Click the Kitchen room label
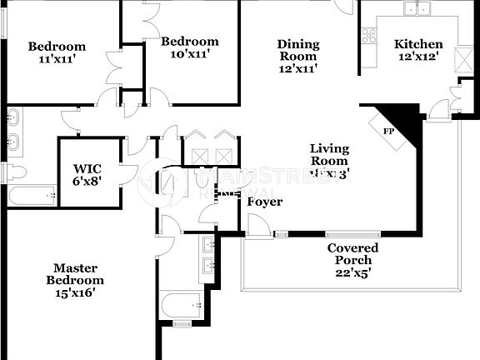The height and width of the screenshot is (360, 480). pyautogui.click(x=418, y=44)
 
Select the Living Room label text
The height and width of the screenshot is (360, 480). pyautogui.click(x=329, y=155)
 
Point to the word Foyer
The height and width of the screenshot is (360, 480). pyautogui.click(x=265, y=202)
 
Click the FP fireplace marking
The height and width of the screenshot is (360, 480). pyautogui.click(x=388, y=131)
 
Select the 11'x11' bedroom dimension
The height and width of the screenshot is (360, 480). pyautogui.click(x=57, y=60)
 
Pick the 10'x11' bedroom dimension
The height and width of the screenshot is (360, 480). pyautogui.click(x=190, y=54)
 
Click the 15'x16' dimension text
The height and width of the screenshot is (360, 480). pyautogui.click(x=75, y=292)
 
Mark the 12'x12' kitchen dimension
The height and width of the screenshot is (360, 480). pyautogui.click(x=418, y=57)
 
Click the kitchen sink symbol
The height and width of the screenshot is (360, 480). pyautogui.click(x=417, y=8)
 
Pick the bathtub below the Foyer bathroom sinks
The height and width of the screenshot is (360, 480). pyautogui.click(x=181, y=306)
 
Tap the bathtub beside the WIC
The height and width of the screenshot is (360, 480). pyautogui.click(x=32, y=197)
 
